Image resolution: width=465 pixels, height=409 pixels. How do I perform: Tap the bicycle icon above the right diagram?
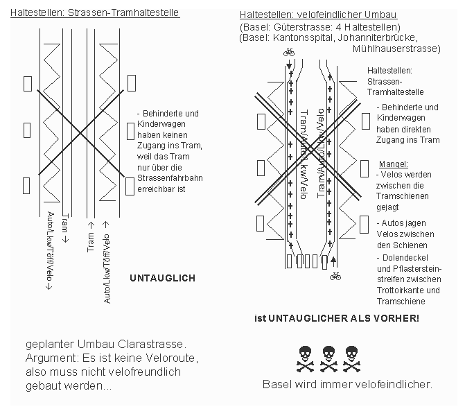(x=289, y=52)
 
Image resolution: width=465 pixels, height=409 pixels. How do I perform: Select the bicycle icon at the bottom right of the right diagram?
(x=335, y=275)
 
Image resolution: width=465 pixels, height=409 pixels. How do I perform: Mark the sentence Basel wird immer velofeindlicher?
(x=346, y=384)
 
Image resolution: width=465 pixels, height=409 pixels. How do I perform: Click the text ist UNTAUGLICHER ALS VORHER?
(x=337, y=318)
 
